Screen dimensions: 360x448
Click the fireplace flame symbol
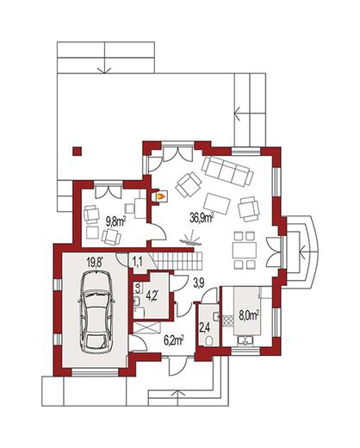pos(160,196)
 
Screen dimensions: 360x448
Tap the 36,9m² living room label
pos(202,218)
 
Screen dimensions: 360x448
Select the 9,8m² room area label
pos(116,221)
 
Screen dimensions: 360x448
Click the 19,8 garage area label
pos(95,262)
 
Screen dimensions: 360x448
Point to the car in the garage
pos(96,312)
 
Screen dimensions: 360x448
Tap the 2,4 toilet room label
pos(203,327)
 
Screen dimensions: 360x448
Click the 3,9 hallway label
pos(198,283)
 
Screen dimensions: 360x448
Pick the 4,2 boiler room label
pos(152,296)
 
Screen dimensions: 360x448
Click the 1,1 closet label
pos(138,261)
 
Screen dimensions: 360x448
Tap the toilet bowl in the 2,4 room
pos(209,340)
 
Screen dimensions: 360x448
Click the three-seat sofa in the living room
pos(228,171)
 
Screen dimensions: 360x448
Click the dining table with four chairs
pos(245,251)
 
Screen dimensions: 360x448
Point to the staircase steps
pos(178,261)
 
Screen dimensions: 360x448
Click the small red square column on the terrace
pos(77,152)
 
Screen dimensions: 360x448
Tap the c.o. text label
pos(137,287)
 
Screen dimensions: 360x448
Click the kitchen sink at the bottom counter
pos(245,340)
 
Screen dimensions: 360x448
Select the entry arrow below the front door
pos(178,395)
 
